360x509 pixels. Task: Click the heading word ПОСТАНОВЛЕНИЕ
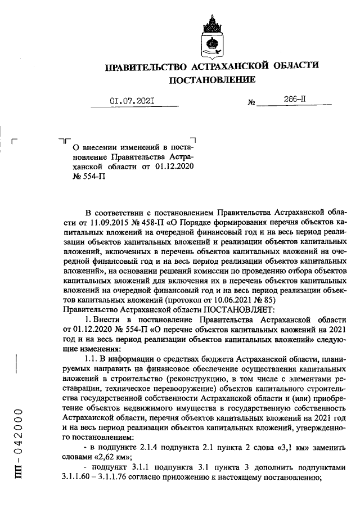(x=212, y=80)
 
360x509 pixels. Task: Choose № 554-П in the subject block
(x=89, y=177)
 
